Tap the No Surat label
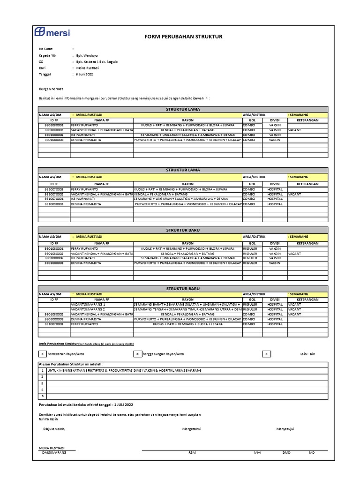tap(45, 48)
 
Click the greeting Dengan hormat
tap(51, 88)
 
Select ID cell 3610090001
tap(53, 204)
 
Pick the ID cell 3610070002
tap(53, 194)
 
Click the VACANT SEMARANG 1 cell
tap(91, 304)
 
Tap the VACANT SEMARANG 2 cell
tap(91, 309)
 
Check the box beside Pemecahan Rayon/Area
tap(43, 354)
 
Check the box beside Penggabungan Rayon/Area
tap(138, 354)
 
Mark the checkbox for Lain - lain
tap(266, 354)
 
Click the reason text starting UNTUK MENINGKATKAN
tap(124, 370)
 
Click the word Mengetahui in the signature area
tap(191, 428)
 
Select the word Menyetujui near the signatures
tap(285, 428)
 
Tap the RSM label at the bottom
tap(191, 452)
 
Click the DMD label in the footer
tap(286, 452)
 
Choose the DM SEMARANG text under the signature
tap(54, 452)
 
